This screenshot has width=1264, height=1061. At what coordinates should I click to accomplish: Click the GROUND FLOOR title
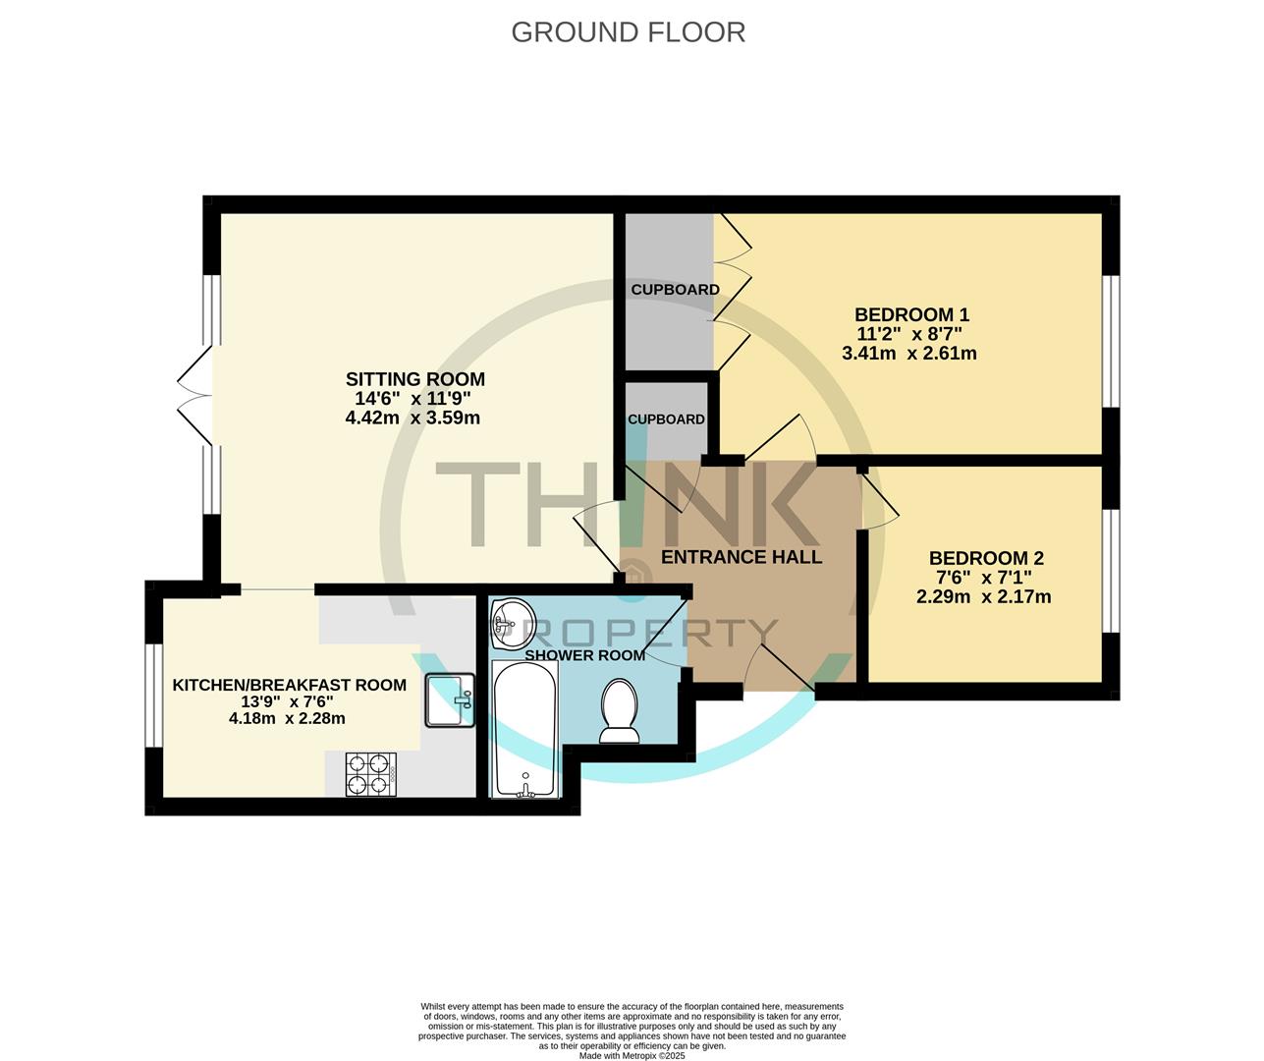629,32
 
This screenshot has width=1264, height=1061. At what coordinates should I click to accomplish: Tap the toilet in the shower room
620,710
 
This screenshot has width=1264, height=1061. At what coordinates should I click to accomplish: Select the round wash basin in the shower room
513,623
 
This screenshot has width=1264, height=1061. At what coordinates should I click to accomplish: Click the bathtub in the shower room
524,729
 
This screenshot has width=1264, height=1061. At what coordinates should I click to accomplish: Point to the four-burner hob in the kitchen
371,774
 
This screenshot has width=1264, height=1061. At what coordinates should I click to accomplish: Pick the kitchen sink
450,700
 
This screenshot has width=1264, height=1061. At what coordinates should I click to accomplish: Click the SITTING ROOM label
415,379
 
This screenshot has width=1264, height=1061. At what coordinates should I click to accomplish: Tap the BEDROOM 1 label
911,315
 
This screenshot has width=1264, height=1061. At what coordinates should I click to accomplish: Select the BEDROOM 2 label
986,558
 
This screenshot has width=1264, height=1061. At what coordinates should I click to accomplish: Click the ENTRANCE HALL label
742,557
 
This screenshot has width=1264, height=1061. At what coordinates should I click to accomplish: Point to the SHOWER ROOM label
584,655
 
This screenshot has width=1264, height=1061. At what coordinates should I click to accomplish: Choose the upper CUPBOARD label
675,290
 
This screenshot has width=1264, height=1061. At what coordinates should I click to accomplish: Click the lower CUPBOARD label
666,419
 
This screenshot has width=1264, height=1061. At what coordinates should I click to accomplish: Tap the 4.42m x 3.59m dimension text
412,418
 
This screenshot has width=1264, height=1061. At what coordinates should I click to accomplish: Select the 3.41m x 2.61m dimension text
909,353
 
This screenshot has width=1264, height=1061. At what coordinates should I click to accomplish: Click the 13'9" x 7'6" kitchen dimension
287,701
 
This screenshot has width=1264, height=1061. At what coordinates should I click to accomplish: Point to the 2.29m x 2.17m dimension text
984,596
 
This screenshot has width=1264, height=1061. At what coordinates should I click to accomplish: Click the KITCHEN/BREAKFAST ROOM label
290,685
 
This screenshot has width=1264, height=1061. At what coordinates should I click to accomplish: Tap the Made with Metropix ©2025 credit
632,1055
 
